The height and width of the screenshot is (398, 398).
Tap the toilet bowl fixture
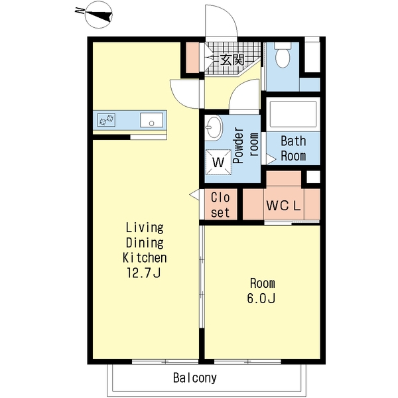[283, 55]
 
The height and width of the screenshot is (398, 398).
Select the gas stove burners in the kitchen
[106, 120]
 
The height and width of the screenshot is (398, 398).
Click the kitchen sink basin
[151, 120]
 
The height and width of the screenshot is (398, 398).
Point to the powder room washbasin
[213, 127]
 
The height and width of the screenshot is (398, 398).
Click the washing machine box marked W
[218, 163]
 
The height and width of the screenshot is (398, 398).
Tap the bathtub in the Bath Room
[293, 114]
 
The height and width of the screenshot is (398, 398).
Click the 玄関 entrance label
[232, 60]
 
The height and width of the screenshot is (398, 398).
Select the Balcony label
[195, 377]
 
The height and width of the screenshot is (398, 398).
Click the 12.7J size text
[144, 273]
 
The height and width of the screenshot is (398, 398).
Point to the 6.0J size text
[261, 298]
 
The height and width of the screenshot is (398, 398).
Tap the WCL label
[283, 206]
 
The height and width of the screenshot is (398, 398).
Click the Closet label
[220, 205]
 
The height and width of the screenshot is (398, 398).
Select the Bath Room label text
[293, 149]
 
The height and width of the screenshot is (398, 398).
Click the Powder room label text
[246, 145]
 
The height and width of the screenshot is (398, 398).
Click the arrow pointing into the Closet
[194, 194]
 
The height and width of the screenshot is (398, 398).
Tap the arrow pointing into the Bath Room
[271, 159]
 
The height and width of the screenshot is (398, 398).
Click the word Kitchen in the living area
[145, 257]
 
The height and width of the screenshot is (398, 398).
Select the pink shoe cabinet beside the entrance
[192, 57]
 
